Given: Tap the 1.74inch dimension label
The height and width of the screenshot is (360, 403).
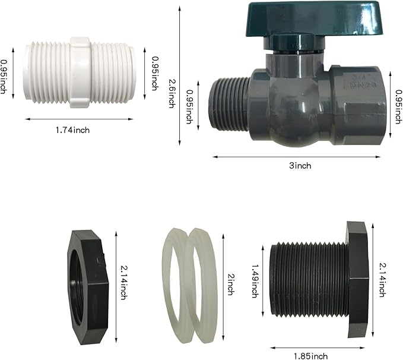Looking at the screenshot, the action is (x=73, y=130).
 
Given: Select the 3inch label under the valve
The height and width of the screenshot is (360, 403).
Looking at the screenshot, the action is (x=300, y=166).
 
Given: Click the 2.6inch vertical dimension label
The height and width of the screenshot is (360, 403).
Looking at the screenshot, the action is (x=172, y=93).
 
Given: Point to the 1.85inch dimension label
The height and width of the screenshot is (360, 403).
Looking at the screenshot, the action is (x=311, y=356).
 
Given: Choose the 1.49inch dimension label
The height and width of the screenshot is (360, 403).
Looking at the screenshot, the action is (x=255, y=281).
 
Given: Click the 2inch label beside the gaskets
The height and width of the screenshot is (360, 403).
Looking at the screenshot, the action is (x=230, y=285).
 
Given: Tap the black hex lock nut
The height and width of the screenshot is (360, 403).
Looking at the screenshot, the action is (x=88, y=287).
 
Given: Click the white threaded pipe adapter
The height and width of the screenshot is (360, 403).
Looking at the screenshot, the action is (x=79, y=72).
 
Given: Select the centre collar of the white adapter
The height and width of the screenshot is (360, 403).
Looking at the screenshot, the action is (x=80, y=72).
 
